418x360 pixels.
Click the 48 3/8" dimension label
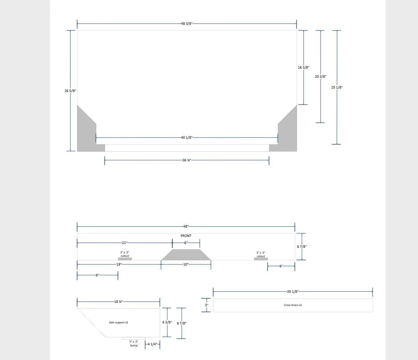pos(187,23)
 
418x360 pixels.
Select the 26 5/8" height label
pos(70,91)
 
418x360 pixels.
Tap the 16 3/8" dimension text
pos(304,67)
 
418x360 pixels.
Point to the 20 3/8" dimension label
pos(321,76)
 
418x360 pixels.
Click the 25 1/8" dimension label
pos(337,87)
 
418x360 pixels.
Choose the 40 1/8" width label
pos(187,137)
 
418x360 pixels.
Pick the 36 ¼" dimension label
pos(187,160)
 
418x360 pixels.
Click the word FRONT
pos(186,236)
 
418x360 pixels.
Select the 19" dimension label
pos(119,264)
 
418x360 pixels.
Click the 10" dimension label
pos(186,264)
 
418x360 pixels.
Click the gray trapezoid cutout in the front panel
pos(186,255)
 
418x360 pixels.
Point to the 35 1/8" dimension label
pos(293,292)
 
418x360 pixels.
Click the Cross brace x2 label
pos(293,305)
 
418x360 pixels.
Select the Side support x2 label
pos(118,322)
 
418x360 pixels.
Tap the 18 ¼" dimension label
pos(118,302)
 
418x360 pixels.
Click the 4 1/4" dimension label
pos(152,344)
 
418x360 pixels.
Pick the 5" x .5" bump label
pos(134,344)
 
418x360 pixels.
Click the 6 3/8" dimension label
pos(167,322)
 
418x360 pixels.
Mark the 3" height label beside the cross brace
pos(207,305)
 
